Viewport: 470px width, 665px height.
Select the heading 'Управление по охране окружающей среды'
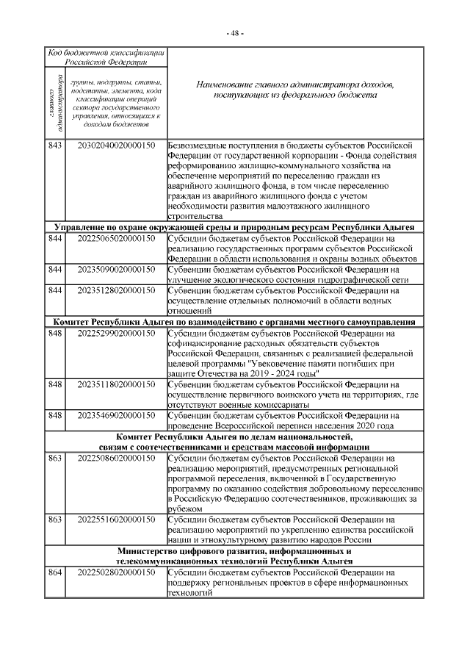click(x=235, y=227)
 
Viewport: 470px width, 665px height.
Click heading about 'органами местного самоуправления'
click(x=235, y=322)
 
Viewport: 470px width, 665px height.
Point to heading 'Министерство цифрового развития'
click(x=235, y=555)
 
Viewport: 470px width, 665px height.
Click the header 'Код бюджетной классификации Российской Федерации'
click(x=106, y=58)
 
